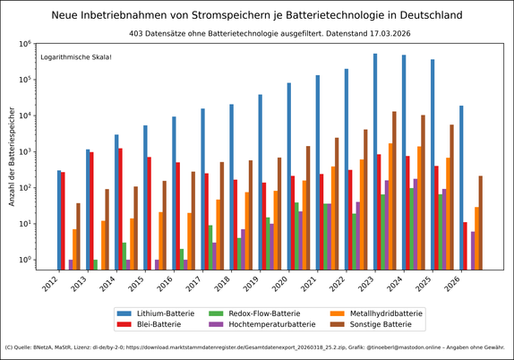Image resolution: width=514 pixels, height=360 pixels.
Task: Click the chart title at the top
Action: click(257, 15)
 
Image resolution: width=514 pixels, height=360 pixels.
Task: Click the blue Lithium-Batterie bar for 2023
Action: click(375, 161)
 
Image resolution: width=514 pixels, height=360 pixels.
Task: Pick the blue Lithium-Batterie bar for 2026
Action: click(461, 187)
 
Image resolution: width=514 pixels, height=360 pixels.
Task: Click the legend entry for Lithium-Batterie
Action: click(165, 313)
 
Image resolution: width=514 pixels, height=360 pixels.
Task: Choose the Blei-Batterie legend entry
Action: click(160, 324)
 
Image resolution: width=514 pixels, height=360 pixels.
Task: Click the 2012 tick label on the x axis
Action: click(51, 286)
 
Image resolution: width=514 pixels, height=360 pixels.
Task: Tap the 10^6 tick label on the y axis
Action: click(24, 43)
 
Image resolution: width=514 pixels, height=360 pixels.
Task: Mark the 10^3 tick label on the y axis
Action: click(24, 151)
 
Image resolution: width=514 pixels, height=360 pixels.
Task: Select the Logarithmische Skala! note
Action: click(76, 57)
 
